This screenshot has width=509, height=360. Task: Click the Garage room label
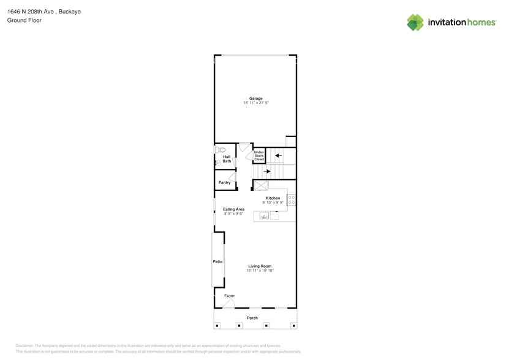click(x=255, y=99)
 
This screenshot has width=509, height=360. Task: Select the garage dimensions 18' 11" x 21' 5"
click(x=255, y=103)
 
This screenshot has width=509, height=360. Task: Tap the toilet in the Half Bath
click(x=221, y=149)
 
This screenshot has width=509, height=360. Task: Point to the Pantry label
click(x=224, y=182)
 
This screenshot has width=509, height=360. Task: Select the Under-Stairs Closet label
click(x=258, y=156)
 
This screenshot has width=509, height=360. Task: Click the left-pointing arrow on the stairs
click(x=277, y=156)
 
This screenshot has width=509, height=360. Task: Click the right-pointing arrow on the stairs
click(x=266, y=172)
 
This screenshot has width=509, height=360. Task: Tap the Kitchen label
click(x=273, y=198)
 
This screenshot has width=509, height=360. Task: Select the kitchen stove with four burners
click(x=291, y=198)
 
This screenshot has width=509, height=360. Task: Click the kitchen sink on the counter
click(x=265, y=216)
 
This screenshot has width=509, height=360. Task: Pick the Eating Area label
click(x=233, y=209)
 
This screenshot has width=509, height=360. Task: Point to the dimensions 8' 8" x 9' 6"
click(x=233, y=214)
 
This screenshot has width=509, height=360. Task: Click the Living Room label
click(x=260, y=266)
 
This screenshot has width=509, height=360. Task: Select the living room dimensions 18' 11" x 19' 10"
click(x=260, y=270)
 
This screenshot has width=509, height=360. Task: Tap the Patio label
click(x=217, y=261)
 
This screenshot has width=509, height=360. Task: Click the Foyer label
click(x=229, y=296)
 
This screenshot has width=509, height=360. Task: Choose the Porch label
click(x=252, y=318)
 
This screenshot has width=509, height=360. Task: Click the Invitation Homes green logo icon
click(x=415, y=23)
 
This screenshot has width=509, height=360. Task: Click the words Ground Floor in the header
click(x=20, y=20)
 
